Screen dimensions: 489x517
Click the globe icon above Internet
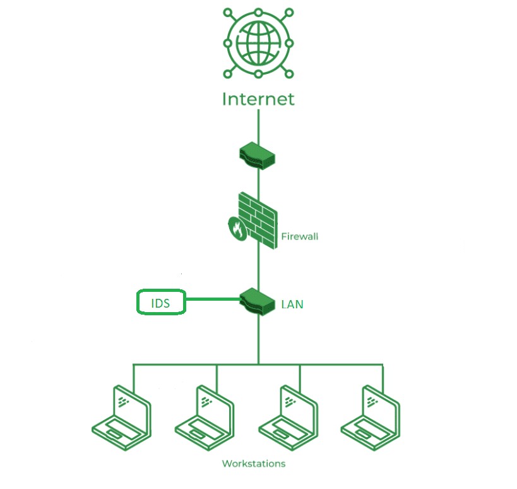pyautogui.click(x=258, y=43)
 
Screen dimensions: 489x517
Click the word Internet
pyautogui.click(x=258, y=99)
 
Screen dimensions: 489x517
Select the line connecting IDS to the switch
pyautogui.click(x=213, y=299)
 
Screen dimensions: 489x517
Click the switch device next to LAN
pyautogui.click(x=258, y=299)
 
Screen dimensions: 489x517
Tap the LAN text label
pyautogui.click(x=292, y=305)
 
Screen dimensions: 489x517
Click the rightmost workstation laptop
pyautogui.click(x=371, y=417)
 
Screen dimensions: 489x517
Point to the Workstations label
pyautogui.click(x=253, y=464)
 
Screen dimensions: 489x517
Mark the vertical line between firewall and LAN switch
pyautogui.click(x=258, y=265)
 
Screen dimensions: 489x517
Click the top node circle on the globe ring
pyautogui.click(x=258, y=12)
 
